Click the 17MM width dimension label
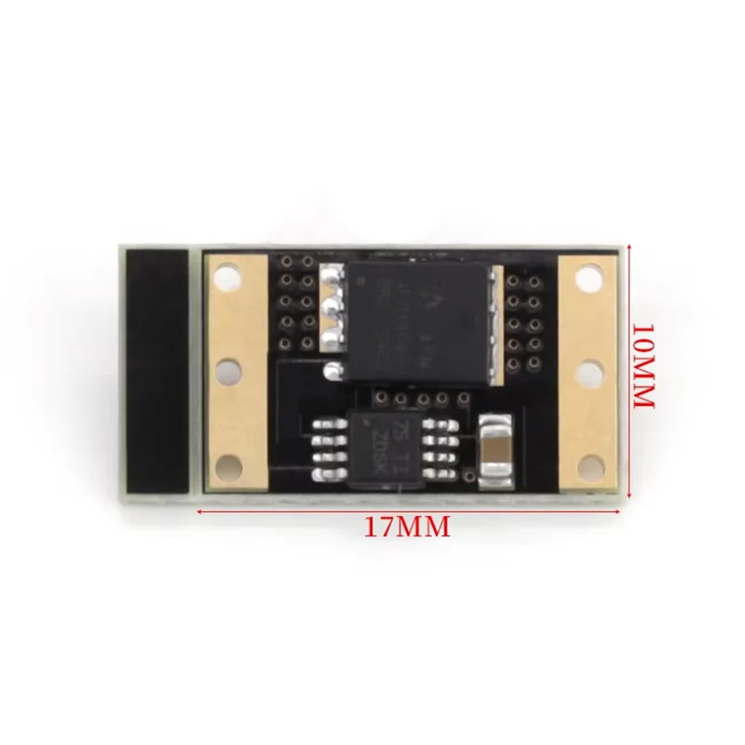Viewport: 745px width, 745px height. click(407, 526)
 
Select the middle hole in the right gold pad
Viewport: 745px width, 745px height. click(586, 371)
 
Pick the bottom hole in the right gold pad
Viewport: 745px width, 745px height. click(586, 463)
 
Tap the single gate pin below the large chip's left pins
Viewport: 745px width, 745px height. click(329, 371)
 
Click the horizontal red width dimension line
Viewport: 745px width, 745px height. click(410, 511)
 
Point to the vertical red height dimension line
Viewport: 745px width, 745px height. click(630, 372)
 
